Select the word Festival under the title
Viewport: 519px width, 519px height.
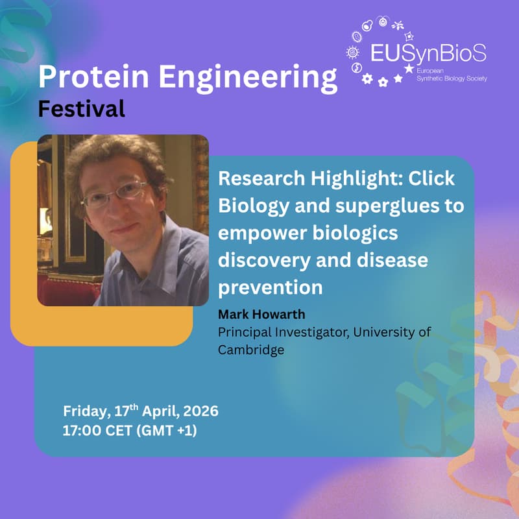coord(81,108)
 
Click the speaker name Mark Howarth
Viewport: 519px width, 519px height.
coord(258,316)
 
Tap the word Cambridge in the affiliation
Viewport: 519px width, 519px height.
coord(251,350)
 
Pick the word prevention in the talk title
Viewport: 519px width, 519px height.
coord(270,285)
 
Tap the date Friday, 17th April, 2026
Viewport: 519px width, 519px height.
coord(140,411)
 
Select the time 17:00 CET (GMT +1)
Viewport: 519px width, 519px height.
coord(130,429)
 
